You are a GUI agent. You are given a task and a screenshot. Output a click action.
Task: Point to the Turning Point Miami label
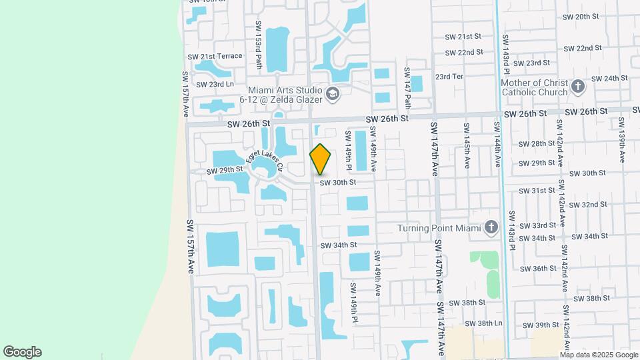pos(439,228)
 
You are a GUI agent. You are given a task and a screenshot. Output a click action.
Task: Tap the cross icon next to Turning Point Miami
pos(491,228)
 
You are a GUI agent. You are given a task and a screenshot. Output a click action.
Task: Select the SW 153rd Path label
pos(259,45)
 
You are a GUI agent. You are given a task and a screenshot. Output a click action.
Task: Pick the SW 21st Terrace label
pos(215,56)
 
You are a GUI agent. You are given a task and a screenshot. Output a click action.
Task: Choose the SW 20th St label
pos(582,16)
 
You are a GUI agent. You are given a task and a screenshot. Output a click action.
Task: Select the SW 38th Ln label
pos(480,323)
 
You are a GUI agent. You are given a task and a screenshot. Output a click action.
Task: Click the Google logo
pos(22,352)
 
